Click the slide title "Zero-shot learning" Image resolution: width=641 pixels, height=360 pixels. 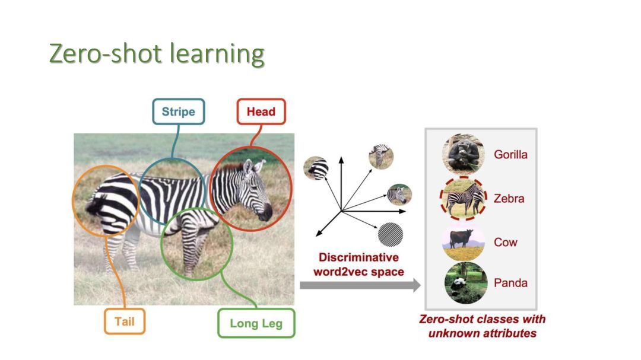click(157, 55)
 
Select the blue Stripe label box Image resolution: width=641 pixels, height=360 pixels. click(178, 111)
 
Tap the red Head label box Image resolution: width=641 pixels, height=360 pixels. click(261, 111)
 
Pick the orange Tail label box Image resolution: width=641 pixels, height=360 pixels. click(125, 321)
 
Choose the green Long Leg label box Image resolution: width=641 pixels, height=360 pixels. click(256, 323)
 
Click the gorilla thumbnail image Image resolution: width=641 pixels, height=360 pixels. click(464, 154)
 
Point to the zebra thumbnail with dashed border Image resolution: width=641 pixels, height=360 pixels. click(464, 198)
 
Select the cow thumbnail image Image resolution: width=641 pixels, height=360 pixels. click(464, 241)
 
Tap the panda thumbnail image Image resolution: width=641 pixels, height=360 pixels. click(465, 283)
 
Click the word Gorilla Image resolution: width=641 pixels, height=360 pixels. click(510, 155)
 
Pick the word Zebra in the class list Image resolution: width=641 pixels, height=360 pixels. click(509, 199)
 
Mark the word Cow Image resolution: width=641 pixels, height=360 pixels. click(505, 242)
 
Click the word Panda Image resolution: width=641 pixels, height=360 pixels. click(510, 283)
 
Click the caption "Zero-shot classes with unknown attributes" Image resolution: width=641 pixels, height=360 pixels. click(482, 326)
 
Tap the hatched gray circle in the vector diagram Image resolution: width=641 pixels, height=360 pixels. click(391, 233)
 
